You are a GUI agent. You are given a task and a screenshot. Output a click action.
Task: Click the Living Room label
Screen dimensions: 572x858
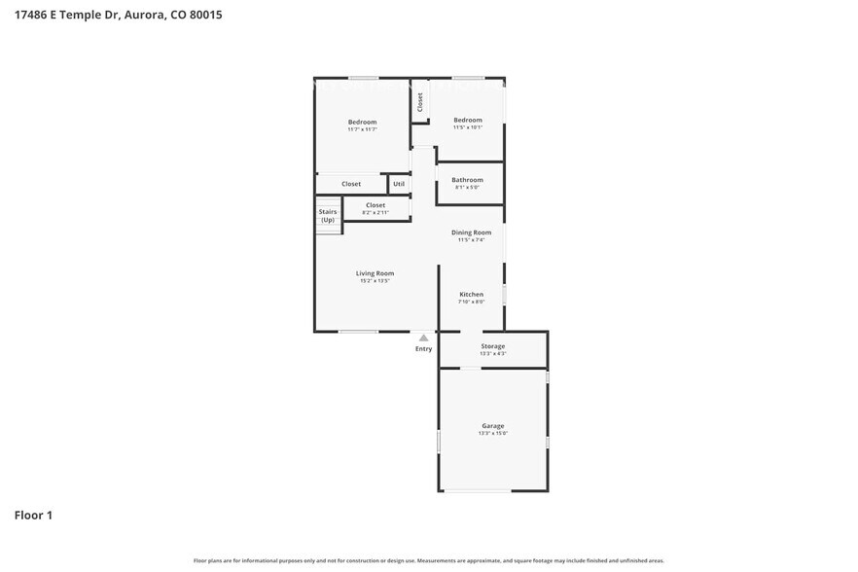point(375,273)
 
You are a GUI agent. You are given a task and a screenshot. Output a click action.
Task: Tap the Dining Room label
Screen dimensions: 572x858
point(471,232)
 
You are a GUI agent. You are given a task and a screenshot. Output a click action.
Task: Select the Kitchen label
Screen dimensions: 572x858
point(471,295)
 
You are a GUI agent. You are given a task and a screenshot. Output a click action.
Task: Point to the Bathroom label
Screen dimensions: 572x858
point(467,180)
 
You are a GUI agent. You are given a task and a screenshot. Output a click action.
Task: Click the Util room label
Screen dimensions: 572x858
point(399,184)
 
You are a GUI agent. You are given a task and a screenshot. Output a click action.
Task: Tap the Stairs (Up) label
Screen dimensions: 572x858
point(328,216)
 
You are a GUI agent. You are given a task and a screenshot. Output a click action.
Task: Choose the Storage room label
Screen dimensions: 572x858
point(493,346)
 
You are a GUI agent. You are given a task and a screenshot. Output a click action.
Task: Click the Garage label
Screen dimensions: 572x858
point(493,426)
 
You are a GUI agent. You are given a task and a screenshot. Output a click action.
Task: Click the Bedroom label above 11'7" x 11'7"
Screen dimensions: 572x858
point(362,122)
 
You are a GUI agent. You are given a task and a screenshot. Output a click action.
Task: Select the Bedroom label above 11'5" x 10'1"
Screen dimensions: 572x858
point(468,120)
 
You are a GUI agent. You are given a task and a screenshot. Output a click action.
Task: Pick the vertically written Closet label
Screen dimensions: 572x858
point(420,102)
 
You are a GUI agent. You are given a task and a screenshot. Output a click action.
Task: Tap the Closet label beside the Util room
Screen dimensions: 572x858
point(351,184)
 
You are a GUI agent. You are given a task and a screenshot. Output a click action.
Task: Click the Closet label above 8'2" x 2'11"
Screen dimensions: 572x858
point(375,205)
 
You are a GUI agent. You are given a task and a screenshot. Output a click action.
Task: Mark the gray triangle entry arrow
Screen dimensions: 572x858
point(423,338)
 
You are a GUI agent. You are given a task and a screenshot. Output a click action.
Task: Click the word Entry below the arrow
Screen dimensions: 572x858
point(423,348)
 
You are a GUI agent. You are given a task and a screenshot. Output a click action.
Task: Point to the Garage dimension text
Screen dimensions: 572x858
point(493,434)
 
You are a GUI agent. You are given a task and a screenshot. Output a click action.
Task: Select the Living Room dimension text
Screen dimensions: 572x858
point(375,281)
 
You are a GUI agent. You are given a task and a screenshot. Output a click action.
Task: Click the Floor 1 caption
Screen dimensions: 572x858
point(33,515)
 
